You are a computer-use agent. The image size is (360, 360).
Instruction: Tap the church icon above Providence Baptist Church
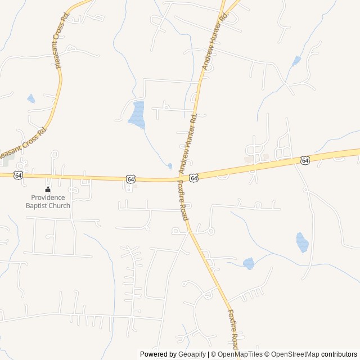[48, 189]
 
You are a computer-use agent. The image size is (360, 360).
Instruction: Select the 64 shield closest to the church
[19, 175]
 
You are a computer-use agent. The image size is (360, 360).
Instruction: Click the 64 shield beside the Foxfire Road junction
[193, 178]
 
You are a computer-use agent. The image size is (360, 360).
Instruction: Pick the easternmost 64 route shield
[305, 160]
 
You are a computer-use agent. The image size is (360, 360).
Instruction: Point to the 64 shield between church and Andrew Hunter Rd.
[130, 178]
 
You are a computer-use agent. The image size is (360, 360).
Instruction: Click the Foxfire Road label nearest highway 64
[183, 200]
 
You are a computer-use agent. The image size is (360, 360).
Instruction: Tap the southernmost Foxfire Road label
[233, 329]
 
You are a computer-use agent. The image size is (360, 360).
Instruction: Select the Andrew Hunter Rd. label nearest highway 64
[188, 143]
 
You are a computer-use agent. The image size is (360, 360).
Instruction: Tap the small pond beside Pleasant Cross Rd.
[31, 99]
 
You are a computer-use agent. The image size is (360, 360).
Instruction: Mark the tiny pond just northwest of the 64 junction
[170, 166]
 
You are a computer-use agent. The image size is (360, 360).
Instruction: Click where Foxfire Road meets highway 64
[180, 180]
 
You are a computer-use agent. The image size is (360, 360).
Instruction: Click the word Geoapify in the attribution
[192, 354]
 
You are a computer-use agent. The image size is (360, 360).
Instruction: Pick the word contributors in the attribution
[339, 354]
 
